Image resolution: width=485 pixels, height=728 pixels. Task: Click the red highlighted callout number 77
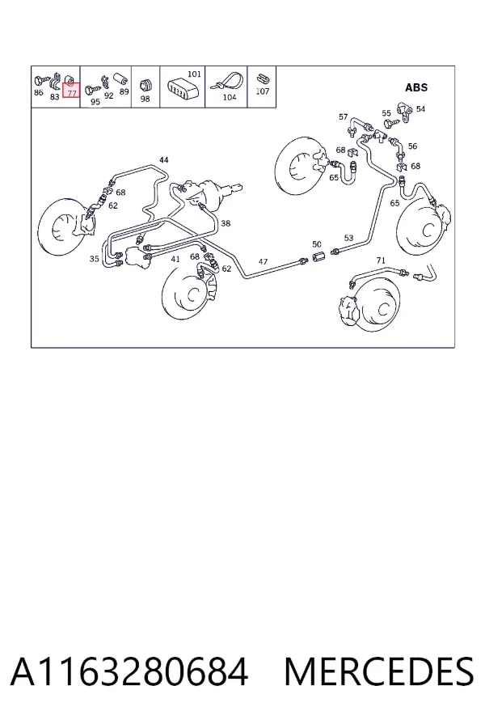(71, 93)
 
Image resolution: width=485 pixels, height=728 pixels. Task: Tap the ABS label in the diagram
(416, 87)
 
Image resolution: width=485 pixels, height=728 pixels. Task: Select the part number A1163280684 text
(129, 672)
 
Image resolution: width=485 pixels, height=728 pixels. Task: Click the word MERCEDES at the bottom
(379, 672)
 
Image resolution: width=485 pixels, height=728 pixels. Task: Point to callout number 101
(195, 74)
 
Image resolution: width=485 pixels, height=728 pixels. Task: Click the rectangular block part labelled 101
(181, 87)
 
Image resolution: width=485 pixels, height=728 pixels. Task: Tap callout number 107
(263, 91)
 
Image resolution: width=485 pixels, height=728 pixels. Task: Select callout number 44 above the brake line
(164, 159)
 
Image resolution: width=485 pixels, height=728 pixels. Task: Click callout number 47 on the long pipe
(263, 261)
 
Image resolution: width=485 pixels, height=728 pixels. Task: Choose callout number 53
(348, 238)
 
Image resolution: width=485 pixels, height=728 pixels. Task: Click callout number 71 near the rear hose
(381, 260)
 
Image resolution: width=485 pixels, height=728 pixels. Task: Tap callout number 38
(226, 223)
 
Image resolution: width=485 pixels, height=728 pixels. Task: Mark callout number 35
(95, 259)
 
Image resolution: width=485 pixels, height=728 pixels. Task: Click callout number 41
(175, 259)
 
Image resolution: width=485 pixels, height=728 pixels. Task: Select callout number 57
(343, 116)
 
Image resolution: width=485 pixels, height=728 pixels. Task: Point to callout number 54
(420, 108)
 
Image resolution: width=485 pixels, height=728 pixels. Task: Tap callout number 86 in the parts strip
(39, 92)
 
